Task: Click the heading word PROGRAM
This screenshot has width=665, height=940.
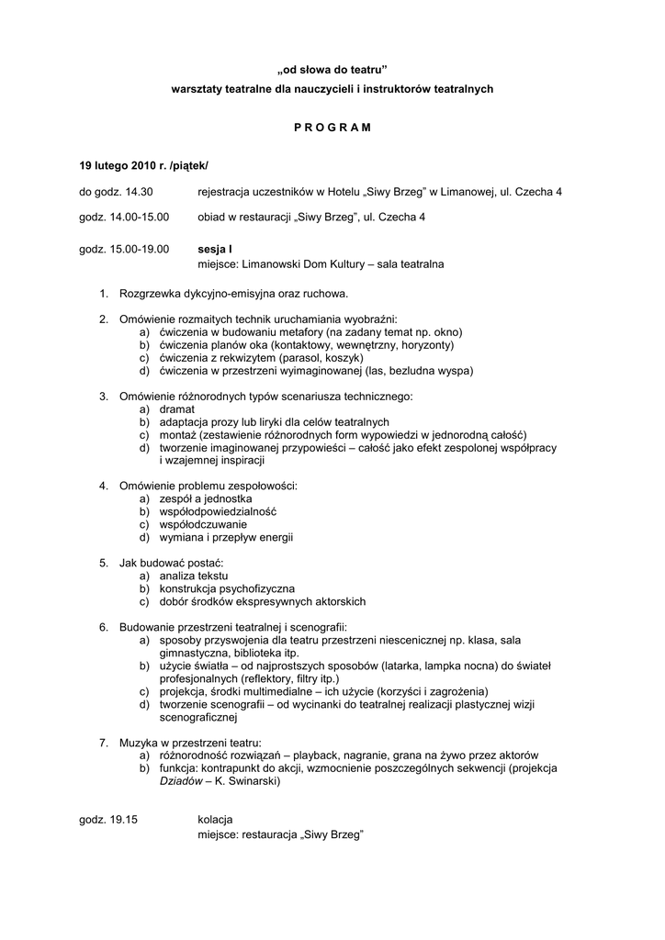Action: pyautogui.click(x=332, y=128)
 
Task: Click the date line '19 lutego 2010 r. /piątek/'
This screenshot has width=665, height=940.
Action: pyautogui.click(x=144, y=166)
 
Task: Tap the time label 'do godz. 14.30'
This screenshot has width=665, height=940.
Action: pyautogui.click(x=116, y=192)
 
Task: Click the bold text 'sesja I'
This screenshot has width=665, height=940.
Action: pyautogui.click(x=215, y=248)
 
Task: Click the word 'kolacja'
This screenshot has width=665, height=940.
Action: pyautogui.click(x=215, y=819)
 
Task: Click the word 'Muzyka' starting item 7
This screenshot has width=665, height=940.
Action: pyautogui.click(x=138, y=742)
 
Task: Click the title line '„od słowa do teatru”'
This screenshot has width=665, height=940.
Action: pyautogui.click(x=332, y=69)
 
